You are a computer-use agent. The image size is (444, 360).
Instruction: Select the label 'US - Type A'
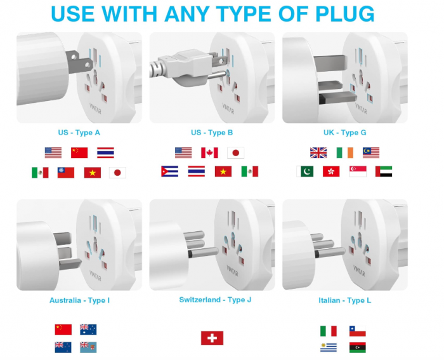tap(79, 133)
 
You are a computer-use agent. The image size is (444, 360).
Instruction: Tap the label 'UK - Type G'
tap(344, 133)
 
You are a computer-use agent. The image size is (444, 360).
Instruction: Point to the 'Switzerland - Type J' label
tap(215, 300)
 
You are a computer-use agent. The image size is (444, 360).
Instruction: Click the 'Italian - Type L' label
tap(344, 300)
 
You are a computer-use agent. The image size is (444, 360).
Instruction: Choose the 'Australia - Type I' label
tap(79, 300)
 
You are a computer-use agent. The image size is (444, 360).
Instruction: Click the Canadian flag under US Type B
tap(209, 152)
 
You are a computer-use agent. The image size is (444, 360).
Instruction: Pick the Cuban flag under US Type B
tap(169, 171)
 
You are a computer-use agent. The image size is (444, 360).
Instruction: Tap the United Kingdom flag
tap(318, 152)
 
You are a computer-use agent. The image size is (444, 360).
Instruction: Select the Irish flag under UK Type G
tap(345, 152)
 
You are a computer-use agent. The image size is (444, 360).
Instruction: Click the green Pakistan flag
tap(304, 171)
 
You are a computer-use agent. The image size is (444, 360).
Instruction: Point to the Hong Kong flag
tap(331, 171)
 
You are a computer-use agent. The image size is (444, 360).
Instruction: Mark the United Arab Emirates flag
tap(384, 171)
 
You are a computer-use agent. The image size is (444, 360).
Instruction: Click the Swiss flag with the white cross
tap(212, 338)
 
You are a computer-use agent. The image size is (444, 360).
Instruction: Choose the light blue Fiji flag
tap(88, 347)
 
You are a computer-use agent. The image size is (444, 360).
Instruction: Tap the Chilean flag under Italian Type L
tap(357, 331)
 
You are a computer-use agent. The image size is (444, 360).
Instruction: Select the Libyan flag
tap(357, 347)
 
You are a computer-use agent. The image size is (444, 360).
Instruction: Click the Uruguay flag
tap(328, 347)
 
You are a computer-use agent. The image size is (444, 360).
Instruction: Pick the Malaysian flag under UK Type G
tap(371, 152)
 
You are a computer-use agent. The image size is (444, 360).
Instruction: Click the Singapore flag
tap(358, 171)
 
